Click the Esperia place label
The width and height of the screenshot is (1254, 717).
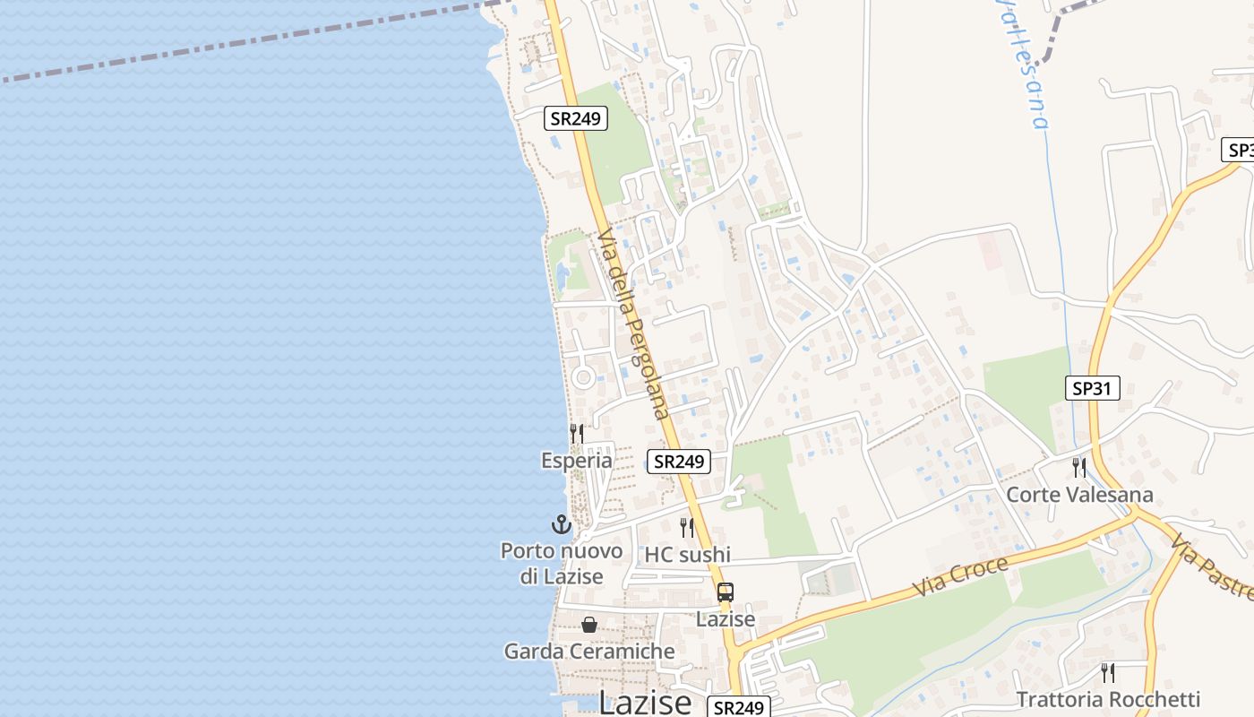(577, 461)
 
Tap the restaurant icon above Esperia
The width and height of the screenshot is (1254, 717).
(577, 434)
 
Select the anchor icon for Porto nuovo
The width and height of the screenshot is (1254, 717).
(561, 524)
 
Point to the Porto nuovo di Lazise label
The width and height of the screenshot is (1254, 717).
(562, 563)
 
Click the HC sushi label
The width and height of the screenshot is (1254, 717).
(688, 555)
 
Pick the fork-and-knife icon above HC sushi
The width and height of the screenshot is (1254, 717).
(687, 527)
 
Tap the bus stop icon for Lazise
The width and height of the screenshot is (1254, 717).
(726, 592)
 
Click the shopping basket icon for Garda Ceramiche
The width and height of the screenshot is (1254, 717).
(589, 625)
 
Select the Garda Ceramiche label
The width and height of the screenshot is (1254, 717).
(589, 652)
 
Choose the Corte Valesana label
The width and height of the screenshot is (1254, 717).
(1079, 495)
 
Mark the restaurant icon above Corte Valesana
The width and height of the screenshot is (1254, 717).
(1079, 467)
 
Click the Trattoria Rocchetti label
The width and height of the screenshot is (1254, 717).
(1108, 699)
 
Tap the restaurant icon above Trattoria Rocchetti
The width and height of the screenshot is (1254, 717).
(1108, 672)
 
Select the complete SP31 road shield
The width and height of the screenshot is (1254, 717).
(1093, 388)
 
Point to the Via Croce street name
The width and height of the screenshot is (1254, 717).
(961, 576)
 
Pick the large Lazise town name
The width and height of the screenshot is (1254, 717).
(645, 702)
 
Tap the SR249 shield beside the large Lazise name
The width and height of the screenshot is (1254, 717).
(739, 707)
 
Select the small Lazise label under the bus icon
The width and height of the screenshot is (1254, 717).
(726, 618)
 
